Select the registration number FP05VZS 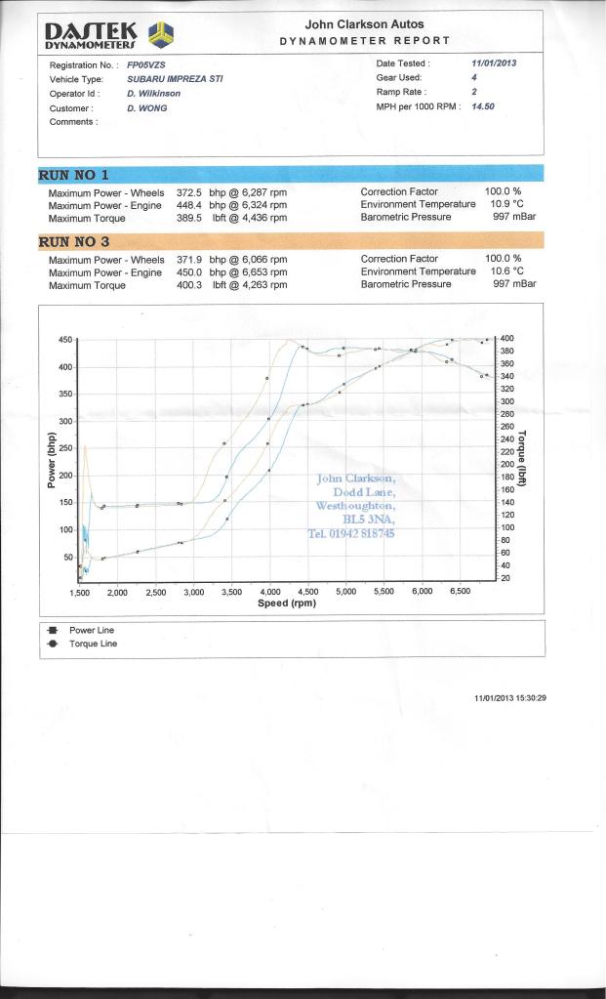coord(146,64)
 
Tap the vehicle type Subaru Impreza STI coord(176,78)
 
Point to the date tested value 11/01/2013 coord(494,63)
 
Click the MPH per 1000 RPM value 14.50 coord(483,106)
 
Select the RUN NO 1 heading coord(73,175)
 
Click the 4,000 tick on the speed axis coord(269,592)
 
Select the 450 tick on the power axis coord(65,340)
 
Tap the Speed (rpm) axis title coord(287,604)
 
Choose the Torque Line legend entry coord(93,644)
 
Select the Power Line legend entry coord(91,631)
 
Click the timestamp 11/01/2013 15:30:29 coord(510,697)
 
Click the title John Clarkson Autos coord(364,24)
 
